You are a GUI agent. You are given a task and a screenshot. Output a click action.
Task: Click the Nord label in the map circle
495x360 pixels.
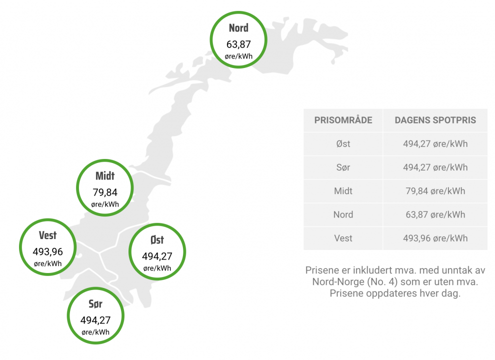238,28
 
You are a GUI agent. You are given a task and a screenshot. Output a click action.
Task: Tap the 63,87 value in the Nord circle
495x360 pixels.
238,44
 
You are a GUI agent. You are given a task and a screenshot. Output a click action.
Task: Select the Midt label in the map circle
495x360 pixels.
105,176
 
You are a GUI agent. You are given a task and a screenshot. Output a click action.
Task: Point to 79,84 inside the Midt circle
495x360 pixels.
105,192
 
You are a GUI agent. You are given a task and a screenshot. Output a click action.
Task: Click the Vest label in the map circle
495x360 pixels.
48,235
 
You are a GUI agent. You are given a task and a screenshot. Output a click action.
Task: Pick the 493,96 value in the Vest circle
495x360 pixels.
48,251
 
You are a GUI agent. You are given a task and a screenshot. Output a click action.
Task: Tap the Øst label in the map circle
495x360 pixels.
157,240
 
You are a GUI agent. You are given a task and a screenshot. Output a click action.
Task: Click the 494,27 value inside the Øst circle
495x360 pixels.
157,256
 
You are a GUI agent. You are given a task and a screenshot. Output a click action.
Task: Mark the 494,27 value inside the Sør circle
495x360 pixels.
95,320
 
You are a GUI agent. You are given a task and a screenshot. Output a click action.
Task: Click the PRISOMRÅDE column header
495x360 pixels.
343,120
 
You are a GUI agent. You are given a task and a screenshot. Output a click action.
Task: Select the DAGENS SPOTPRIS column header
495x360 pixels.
435,120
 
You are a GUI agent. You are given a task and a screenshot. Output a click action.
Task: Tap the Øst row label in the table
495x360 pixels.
343,144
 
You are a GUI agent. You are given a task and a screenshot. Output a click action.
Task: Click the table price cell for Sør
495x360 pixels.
435,167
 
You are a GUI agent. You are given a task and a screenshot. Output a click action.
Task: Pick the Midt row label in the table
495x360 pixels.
343,191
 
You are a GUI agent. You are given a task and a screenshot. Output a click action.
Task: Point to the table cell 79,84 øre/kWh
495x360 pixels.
435,191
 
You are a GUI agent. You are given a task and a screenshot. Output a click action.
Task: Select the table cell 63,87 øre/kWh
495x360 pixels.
435,214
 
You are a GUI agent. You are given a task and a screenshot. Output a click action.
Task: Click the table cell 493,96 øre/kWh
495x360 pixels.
435,238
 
